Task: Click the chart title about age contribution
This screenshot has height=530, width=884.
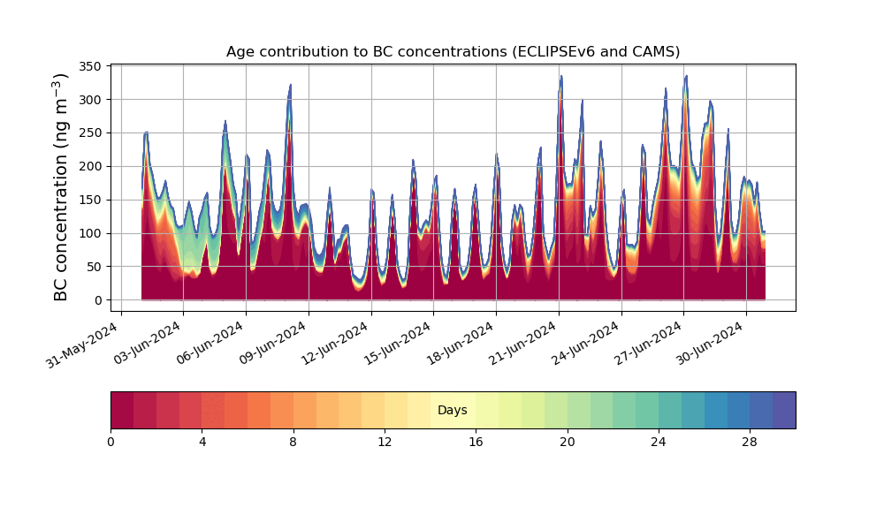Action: click(x=453, y=51)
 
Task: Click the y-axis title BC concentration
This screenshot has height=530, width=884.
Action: click(x=61, y=187)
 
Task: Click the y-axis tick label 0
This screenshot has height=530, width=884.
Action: click(x=99, y=300)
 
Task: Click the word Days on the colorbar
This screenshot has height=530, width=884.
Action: click(x=453, y=411)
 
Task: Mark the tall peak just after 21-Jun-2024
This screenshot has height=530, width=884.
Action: click(x=560, y=78)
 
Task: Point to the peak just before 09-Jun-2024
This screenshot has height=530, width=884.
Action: click(x=290, y=87)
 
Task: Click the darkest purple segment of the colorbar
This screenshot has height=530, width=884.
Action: click(x=784, y=410)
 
